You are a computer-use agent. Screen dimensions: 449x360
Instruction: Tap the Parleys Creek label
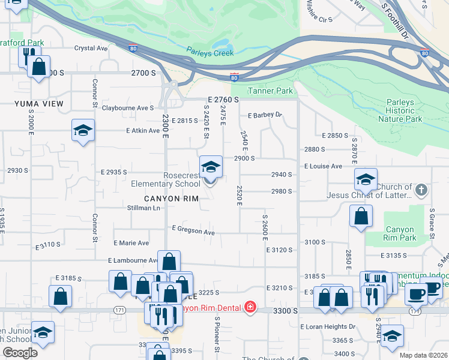[x=209, y=52]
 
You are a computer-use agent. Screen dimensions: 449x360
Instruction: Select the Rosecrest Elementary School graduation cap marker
[x=210, y=167]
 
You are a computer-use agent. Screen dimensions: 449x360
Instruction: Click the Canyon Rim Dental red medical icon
[x=250, y=308]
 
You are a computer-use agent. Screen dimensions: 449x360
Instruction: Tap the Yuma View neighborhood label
[x=38, y=104]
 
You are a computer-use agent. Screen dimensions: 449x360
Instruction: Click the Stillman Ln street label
[x=144, y=208]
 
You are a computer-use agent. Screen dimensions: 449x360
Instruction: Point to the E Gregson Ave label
[x=193, y=230]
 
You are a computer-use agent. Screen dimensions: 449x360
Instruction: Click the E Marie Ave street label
[x=131, y=243]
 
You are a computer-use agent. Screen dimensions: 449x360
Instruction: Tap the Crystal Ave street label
[x=91, y=49]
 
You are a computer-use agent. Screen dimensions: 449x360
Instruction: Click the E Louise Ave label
[x=323, y=166]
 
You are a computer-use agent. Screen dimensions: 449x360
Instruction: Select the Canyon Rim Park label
[x=400, y=233]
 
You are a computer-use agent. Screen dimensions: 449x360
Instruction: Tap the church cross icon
[x=421, y=191]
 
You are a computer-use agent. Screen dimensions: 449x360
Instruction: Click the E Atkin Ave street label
[x=143, y=130]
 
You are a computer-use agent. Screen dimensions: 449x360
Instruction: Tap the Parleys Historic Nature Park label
[x=400, y=110]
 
